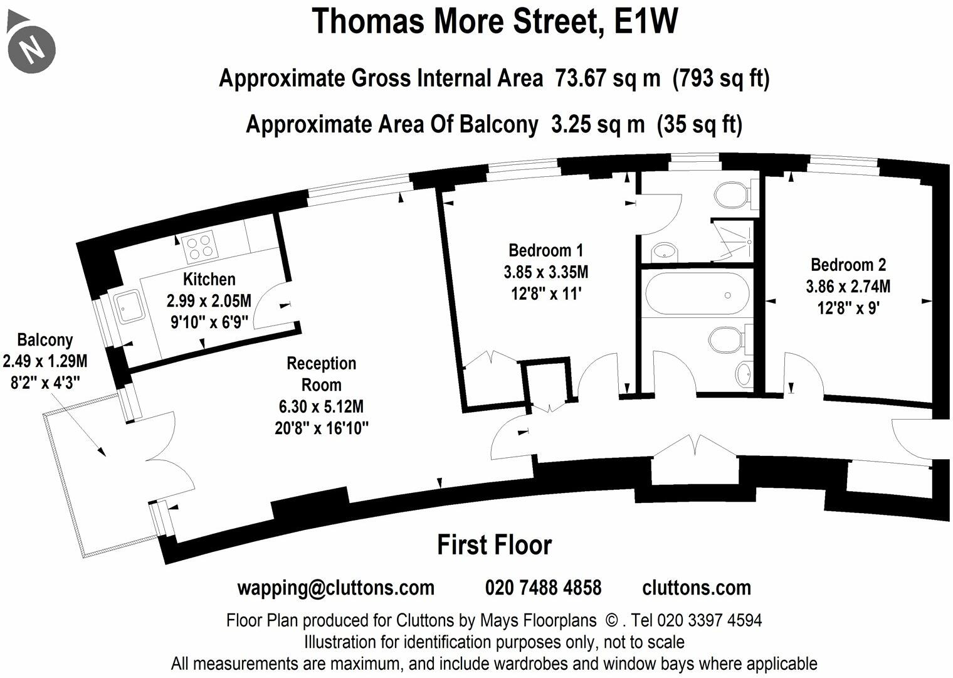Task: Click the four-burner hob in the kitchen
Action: click(198, 246)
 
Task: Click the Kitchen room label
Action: click(209, 279)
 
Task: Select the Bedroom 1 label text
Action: click(545, 250)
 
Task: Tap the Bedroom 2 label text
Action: click(848, 265)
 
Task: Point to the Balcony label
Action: click(45, 340)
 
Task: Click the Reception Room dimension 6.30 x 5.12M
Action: click(321, 406)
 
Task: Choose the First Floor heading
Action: click(494, 545)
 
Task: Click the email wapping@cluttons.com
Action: click(335, 588)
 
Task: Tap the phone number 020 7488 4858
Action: click(543, 588)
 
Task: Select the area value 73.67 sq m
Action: click(608, 78)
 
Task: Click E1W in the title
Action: click(646, 21)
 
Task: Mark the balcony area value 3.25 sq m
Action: click(597, 124)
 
